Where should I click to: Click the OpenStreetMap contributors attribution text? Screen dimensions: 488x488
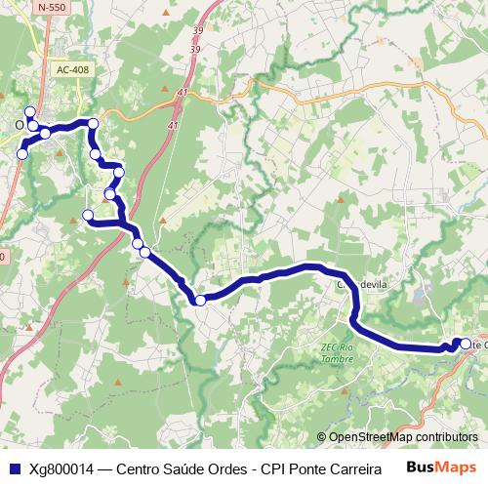point(402,438)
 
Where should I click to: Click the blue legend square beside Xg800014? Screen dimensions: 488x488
point(14,468)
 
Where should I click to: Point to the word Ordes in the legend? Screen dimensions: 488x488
point(230,468)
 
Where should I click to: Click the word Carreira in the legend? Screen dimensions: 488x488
point(350,468)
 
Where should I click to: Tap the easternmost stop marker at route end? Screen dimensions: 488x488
point(466,343)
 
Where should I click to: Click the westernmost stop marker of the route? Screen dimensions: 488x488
point(21,154)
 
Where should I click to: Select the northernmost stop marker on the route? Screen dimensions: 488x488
point(30,112)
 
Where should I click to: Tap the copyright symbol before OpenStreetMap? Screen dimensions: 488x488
point(322,438)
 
